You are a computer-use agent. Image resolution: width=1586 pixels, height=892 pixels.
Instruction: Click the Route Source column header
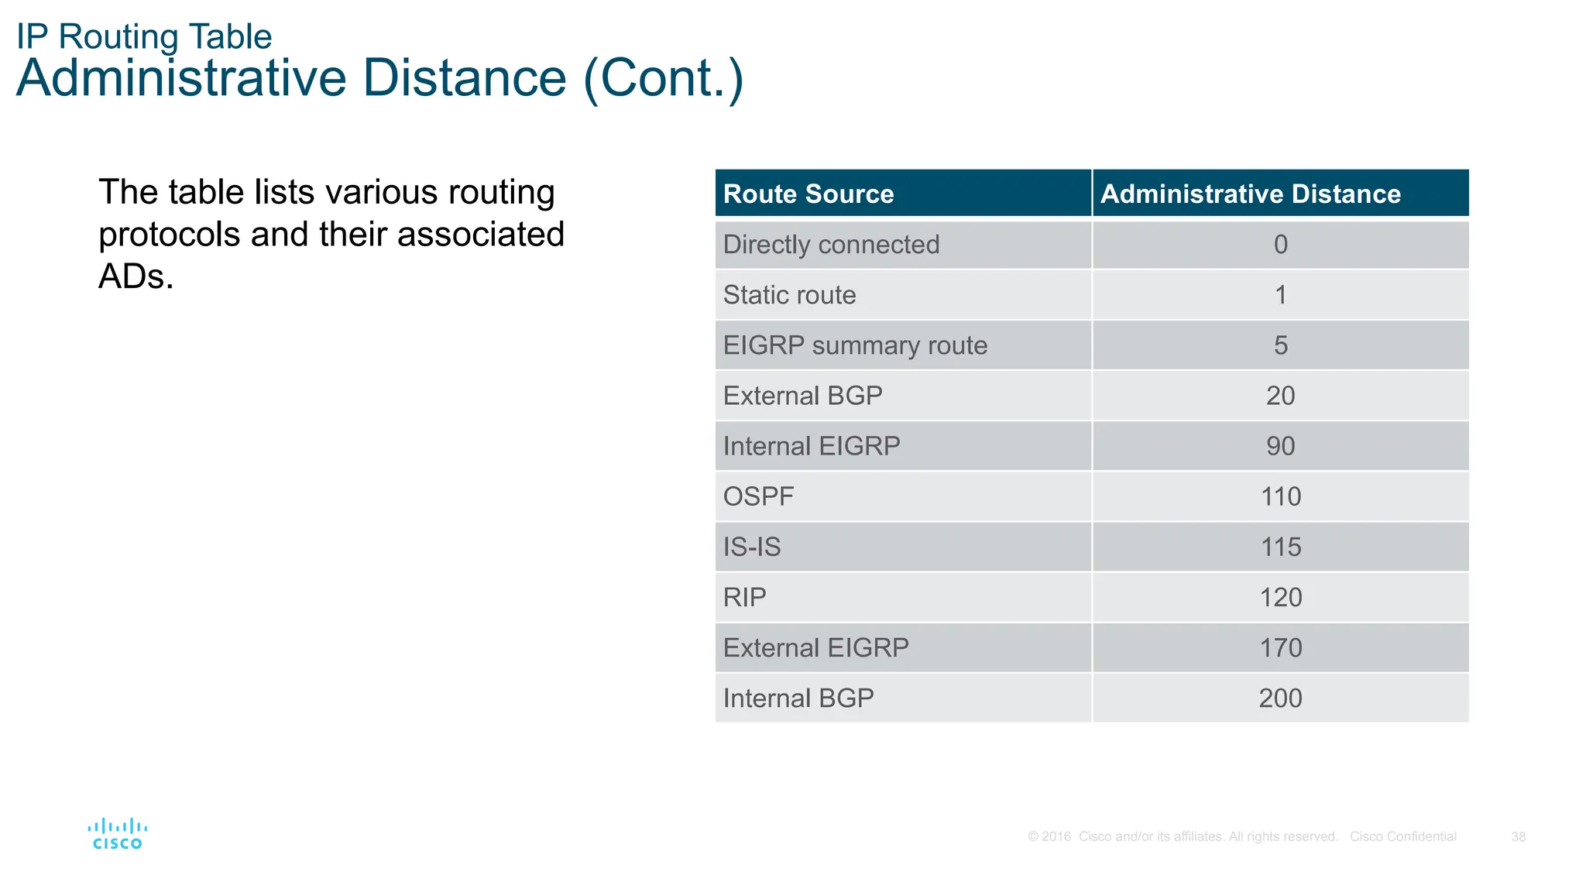point(808,194)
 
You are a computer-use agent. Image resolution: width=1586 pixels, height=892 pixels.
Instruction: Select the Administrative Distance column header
point(1250,194)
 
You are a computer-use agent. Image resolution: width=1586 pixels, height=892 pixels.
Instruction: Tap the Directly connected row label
point(830,245)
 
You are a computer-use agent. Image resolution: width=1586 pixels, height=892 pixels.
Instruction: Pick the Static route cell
point(789,295)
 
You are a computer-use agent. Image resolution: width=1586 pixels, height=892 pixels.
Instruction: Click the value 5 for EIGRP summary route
point(1280,345)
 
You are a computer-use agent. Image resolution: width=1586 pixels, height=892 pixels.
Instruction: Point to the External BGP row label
point(802,396)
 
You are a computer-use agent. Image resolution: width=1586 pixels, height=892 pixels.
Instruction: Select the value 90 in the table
point(1280,446)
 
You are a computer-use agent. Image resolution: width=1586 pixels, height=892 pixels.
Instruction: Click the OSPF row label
point(758,496)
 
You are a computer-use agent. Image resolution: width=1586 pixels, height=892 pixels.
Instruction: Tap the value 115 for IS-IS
point(1280,547)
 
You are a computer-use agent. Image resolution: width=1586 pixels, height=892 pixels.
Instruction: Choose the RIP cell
point(744,597)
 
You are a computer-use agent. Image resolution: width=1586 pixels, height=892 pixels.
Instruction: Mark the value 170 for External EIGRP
point(1280,647)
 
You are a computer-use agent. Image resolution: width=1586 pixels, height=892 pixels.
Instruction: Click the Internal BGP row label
point(798,698)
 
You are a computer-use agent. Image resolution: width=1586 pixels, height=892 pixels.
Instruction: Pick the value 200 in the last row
point(1280,698)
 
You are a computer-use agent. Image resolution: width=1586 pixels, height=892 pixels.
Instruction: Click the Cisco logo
point(117,834)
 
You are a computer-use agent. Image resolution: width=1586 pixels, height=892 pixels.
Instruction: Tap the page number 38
point(1518,837)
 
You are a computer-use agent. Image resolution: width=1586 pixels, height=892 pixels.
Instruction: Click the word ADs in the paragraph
point(135,276)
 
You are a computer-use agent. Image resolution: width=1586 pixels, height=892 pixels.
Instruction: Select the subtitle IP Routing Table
point(144,36)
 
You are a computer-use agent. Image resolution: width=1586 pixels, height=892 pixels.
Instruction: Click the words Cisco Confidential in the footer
point(1402,837)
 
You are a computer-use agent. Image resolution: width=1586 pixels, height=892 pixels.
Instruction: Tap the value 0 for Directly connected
point(1280,245)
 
